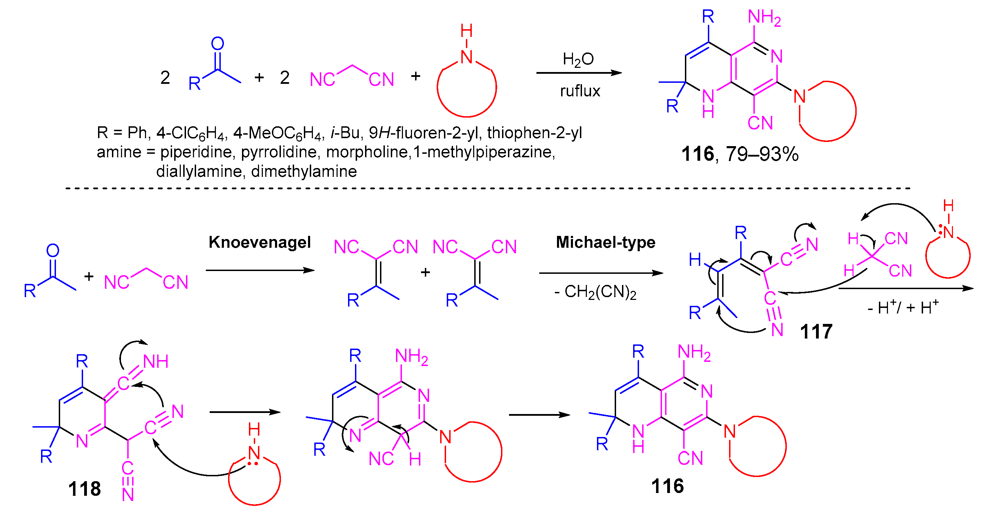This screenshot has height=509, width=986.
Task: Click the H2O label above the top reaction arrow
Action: pyautogui.click(x=578, y=60)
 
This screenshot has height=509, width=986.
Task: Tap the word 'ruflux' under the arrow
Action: pyautogui.click(x=580, y=91)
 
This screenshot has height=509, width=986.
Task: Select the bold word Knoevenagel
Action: pyautogui.click(x=259, y=242)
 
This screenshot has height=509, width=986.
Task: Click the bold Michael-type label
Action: pyautogui.click(x=606, y=242)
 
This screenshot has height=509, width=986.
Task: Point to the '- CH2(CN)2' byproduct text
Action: pyautogui.click(x=595, y=292)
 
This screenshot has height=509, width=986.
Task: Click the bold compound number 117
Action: pyautogui.click(x=816, y=332)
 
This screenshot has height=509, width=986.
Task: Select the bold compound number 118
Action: pyautogui.click(x=84, y=489)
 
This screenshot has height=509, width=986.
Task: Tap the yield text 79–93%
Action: pyautogui.click(x=762, y=154)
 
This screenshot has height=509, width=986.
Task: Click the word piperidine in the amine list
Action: pyautogui.click(x=196, y=152)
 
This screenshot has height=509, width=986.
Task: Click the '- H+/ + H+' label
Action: pyautogui.click(x=903, y=308)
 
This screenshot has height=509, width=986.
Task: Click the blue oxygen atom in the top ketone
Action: pyautogui.click(x=217, y=43)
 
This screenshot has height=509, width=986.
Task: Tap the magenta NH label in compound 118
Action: pyautogui.click(x=156, y=361)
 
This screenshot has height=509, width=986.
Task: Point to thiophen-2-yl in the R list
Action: pyautogui.click(x=534, y=133)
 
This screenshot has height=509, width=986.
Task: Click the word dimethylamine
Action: pyautogui.click(x=304, y=172)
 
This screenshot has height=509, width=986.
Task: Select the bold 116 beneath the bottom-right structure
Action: pyautogui.click(x=667, y=486)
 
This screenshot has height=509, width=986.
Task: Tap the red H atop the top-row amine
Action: pyautogui.click(x=466, y=31)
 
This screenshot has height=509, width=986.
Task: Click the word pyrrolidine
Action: pyautogui.click(x=278, y=152)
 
